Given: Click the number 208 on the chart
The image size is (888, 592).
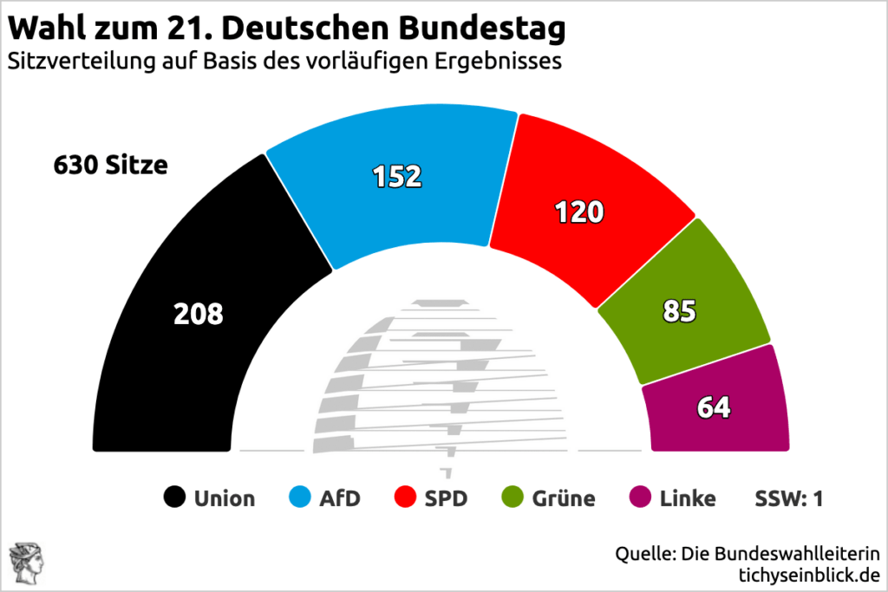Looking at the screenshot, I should [199, 314].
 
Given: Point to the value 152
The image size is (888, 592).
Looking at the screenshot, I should [397, 176].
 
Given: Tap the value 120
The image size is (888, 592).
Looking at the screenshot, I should [579, 211].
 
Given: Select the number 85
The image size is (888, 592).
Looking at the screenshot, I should [679, 312].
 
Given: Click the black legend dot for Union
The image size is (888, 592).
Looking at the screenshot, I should [175, 498].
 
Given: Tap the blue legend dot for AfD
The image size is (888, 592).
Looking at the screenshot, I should [299, 498].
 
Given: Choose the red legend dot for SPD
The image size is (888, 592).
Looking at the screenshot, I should [405, 498].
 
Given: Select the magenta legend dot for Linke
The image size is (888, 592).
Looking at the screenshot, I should [639, 498].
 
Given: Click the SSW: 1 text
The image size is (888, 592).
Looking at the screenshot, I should [789, 498].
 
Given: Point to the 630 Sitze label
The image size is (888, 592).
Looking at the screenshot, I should [110, 165].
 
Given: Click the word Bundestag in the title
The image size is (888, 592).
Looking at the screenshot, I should [482, 29].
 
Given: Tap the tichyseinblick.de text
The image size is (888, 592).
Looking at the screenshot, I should [808, 574].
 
